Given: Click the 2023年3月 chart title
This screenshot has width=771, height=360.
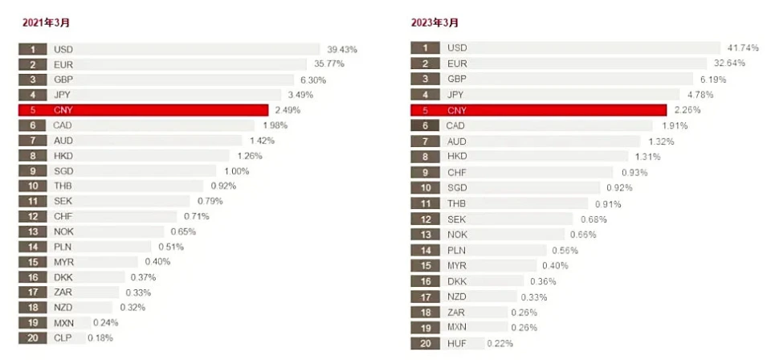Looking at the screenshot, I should coord(434,22).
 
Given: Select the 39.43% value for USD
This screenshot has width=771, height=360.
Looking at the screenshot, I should coord(342,49).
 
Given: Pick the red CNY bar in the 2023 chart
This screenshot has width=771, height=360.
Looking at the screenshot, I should coord(554,110).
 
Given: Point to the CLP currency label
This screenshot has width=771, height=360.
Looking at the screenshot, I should coord(63,338).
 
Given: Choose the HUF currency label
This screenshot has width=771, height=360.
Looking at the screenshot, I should coord(456,343).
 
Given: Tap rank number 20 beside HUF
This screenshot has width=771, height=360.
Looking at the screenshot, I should coord(424,343).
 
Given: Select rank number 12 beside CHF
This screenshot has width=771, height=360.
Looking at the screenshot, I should coord(33,216).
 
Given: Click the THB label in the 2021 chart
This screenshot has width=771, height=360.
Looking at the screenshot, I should coord(63,186).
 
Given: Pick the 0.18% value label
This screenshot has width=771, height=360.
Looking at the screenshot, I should coord(100,338).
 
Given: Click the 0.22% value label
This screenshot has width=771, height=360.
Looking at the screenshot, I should coord(499,343).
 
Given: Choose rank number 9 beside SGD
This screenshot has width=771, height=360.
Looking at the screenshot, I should coord(33,170).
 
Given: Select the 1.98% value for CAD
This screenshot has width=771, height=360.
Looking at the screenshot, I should coord(275,125).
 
